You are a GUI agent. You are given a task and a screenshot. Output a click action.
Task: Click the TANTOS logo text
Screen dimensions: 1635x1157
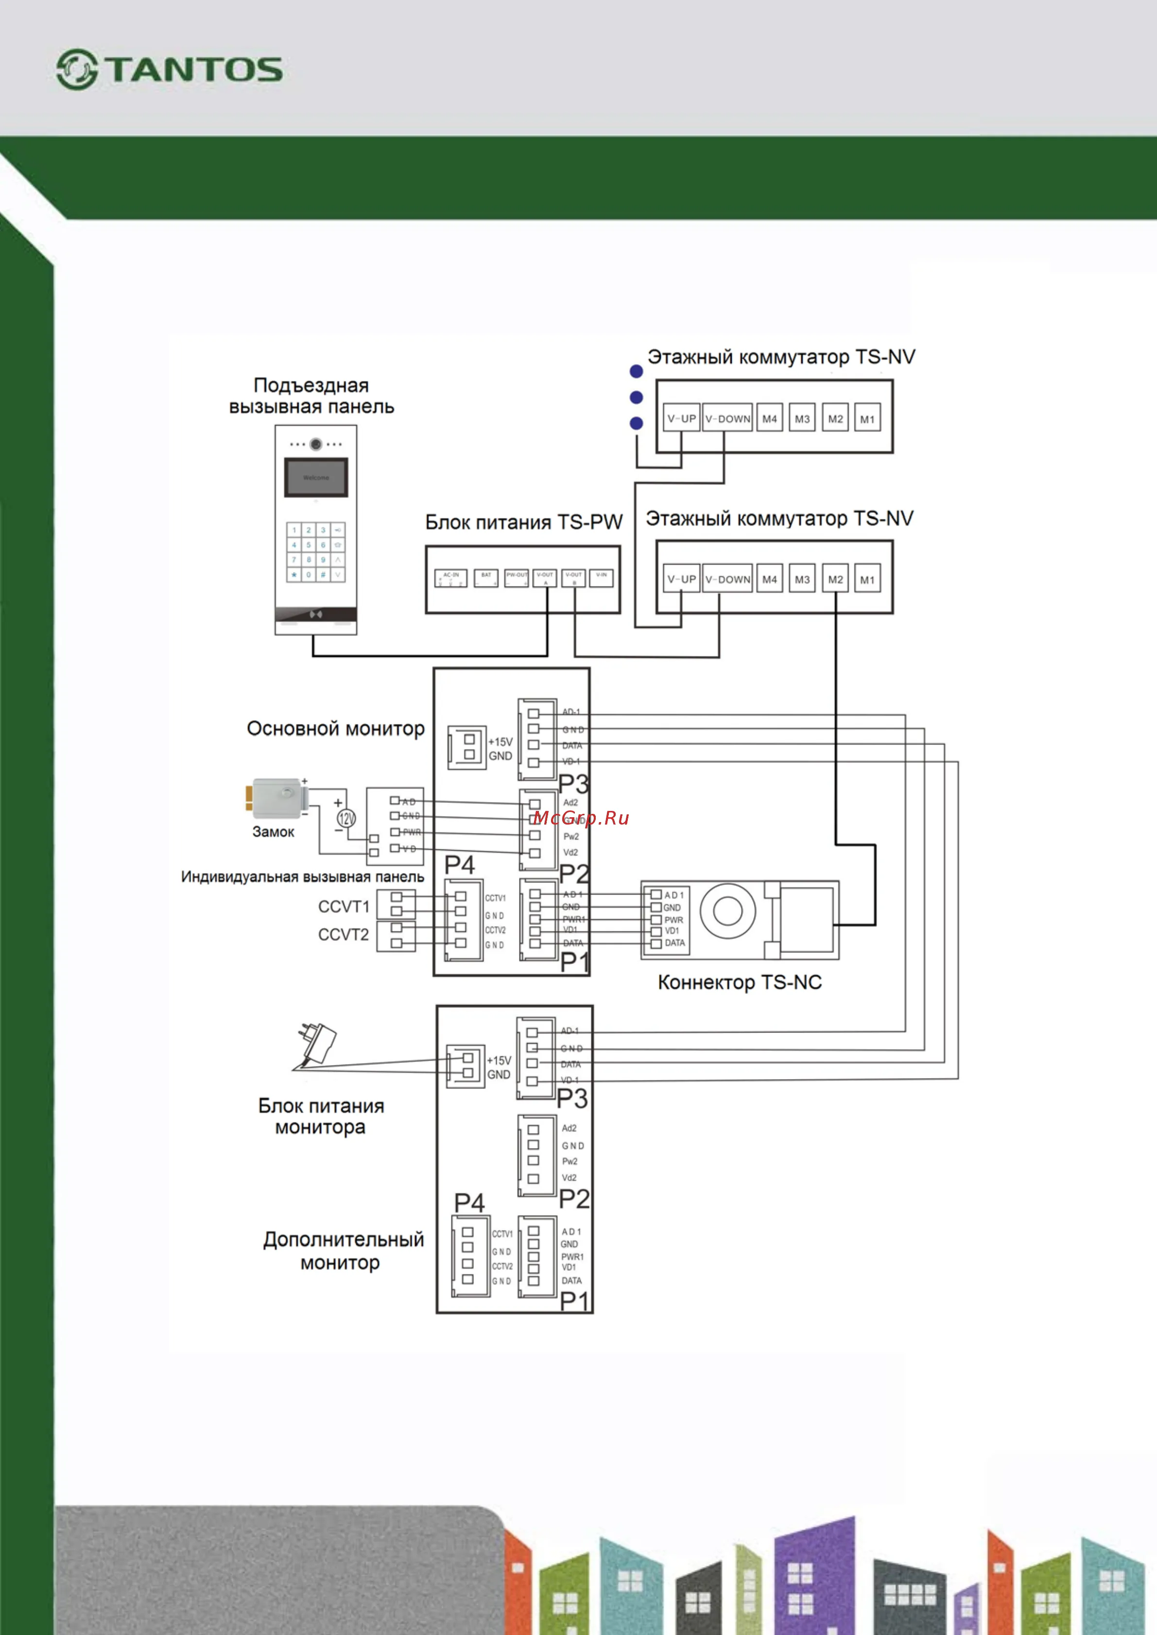[194, 70]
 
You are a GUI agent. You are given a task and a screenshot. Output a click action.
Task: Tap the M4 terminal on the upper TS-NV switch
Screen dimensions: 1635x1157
[769, 418]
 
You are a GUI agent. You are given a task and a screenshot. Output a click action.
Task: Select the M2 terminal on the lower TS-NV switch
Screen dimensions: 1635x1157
[835, 579]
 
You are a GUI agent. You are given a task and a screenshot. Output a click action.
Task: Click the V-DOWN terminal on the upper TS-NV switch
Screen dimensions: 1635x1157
[727, 418]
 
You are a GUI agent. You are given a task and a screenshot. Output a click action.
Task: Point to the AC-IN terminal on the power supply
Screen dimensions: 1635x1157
[451, 578]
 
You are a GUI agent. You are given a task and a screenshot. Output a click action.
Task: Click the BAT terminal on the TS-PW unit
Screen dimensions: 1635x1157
[486, 578]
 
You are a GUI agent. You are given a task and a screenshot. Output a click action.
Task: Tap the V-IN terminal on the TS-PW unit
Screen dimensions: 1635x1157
[601, 577]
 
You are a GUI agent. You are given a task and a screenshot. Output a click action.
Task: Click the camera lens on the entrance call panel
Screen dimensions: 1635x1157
[315, 444]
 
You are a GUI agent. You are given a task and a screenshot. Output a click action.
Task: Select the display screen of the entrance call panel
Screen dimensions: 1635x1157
[315, 477]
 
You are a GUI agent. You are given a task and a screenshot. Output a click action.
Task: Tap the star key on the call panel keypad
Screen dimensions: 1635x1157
[294, 574]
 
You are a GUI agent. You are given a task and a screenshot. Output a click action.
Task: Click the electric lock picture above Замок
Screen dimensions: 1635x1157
[276, 798]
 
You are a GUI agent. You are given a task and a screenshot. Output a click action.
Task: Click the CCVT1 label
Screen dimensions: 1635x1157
[344, 907]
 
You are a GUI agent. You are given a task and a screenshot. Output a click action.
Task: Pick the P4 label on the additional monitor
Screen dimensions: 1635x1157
[469, 1203]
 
